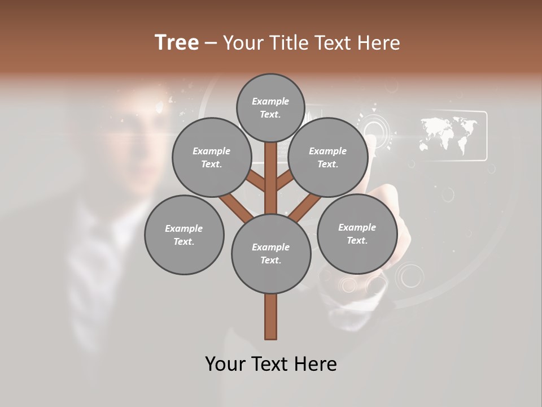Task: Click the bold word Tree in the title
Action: pyautogui.click(x=177, y=43)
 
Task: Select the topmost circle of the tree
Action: pyautogui.click(x=270, y=107)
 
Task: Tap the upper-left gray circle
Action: pyautogui.click(x=211, y=157)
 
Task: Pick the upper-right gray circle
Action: pyautogui.click(x=328, y=157)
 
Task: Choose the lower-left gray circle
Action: pyautogui.click(x=184, y=235)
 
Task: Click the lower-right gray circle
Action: pyautogui.click(x=357, y=233)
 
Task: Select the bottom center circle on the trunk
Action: pyautogui.click(x=271, y=254)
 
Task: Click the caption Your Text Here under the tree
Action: pyautogui.click(x=271, y=364)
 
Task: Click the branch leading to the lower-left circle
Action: pyautogui.click(x=234, y=207)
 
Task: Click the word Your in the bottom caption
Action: pyautogui.click(x=225, y=364)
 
